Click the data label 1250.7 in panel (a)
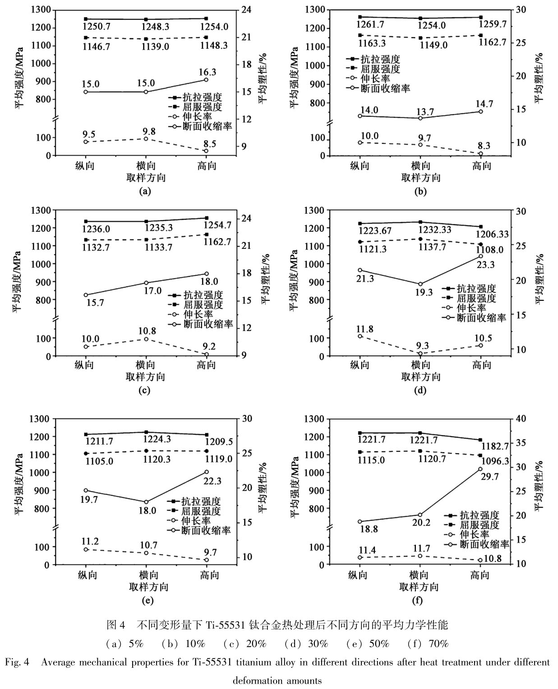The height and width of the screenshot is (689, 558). coord(97,27)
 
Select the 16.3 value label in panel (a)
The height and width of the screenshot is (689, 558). coord(207,72)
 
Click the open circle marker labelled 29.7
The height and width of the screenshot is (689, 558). coord(480,469)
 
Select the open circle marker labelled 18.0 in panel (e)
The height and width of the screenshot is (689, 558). coord(146,502)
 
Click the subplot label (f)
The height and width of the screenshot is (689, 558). coord(418,600)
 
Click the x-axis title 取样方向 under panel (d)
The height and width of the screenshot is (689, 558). coord(420,377)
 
